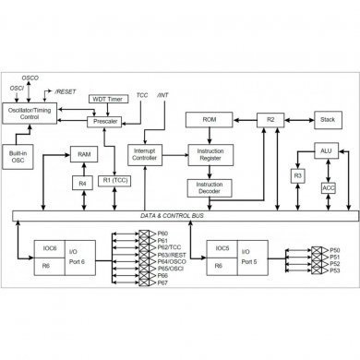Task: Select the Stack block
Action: click(x=327, y=120)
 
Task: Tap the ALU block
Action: click(x=325, y=150)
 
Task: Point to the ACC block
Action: click(x=329, y=187)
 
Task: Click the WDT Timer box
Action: click(x=109, y=99)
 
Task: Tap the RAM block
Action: click(x=84, y=154)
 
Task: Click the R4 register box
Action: click(x=83, y=183)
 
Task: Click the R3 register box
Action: click(x=297, y=175)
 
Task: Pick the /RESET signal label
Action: click(x=66, y=93)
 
